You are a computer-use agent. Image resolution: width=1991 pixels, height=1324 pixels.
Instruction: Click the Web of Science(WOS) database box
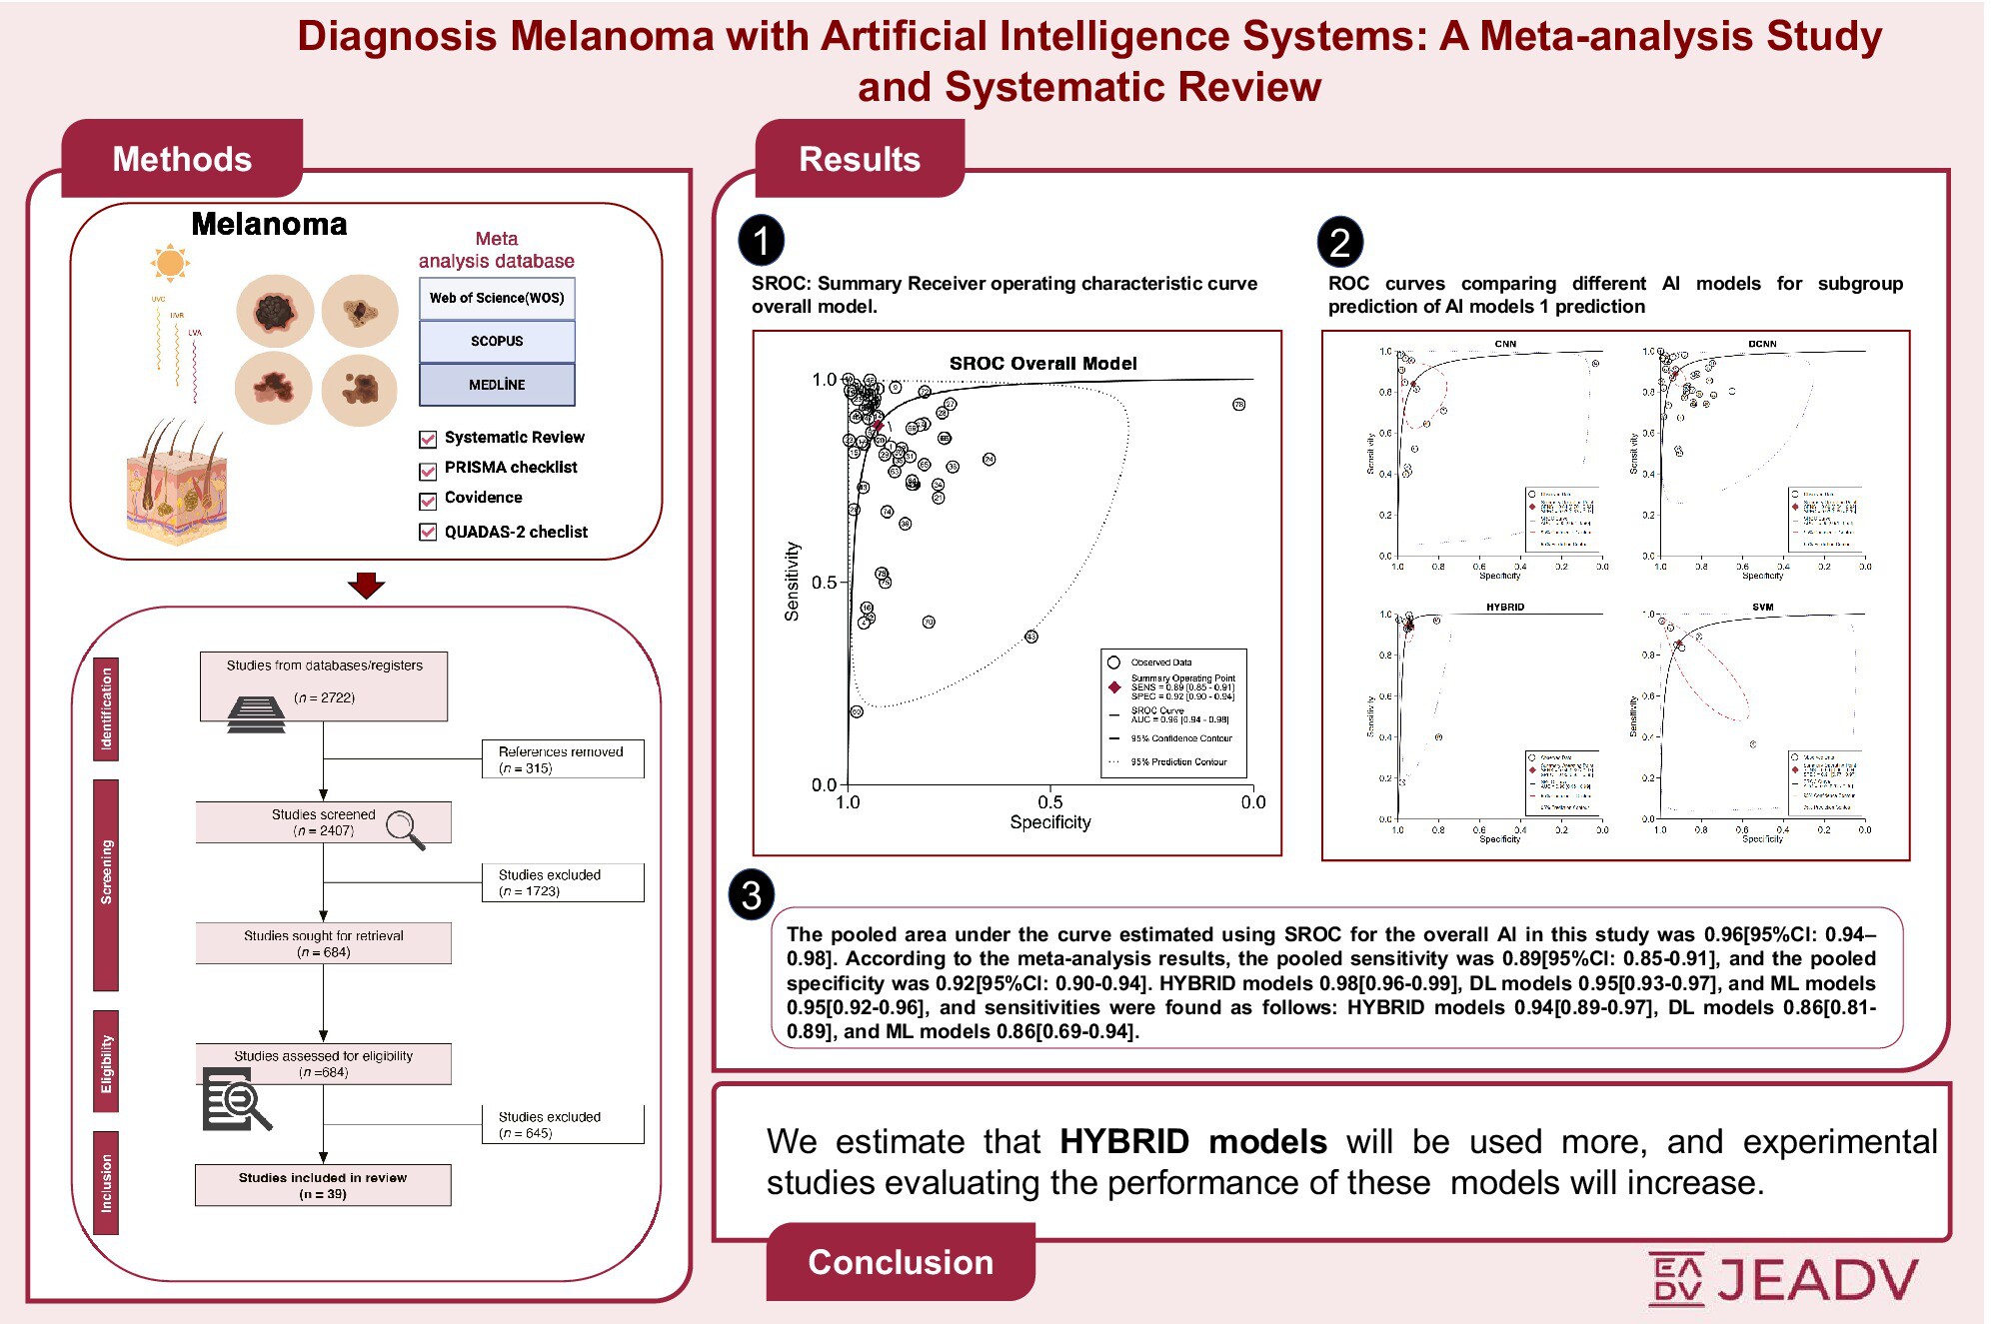[497, 298]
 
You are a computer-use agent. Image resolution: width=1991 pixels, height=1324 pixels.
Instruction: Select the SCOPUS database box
[497, 341]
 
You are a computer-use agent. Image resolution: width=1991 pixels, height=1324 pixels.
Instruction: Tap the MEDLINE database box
[497, 385]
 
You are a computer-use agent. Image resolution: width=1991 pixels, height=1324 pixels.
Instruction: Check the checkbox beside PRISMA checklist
[428, 470]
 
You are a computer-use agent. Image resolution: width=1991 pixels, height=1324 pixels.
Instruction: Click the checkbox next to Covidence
[428, 500]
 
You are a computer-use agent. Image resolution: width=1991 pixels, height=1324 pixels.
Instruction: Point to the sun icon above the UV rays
[170, 263]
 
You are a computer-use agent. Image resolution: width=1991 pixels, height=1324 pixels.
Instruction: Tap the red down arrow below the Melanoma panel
[366, 585]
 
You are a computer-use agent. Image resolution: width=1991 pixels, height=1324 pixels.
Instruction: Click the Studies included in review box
[323, 1185]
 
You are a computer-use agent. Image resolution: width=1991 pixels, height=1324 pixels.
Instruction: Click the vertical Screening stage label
[106, 872]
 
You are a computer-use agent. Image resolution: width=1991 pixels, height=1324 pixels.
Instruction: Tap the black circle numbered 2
[1339, 242]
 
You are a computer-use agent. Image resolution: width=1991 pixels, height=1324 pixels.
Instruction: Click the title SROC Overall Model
[1042, 364]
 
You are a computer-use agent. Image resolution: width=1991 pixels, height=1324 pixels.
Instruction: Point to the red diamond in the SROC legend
[1113, 686]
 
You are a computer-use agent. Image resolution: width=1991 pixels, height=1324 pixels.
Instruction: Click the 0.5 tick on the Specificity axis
[1049, 801]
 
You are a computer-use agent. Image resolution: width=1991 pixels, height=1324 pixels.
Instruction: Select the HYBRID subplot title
[1504, 607]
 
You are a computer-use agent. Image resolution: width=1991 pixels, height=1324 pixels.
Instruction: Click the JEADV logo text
[1817, 1279]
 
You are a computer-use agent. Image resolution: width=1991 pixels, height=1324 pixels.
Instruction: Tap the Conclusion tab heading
[901, 1262]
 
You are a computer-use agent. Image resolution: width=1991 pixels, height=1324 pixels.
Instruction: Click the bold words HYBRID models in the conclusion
[1192, 1141]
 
